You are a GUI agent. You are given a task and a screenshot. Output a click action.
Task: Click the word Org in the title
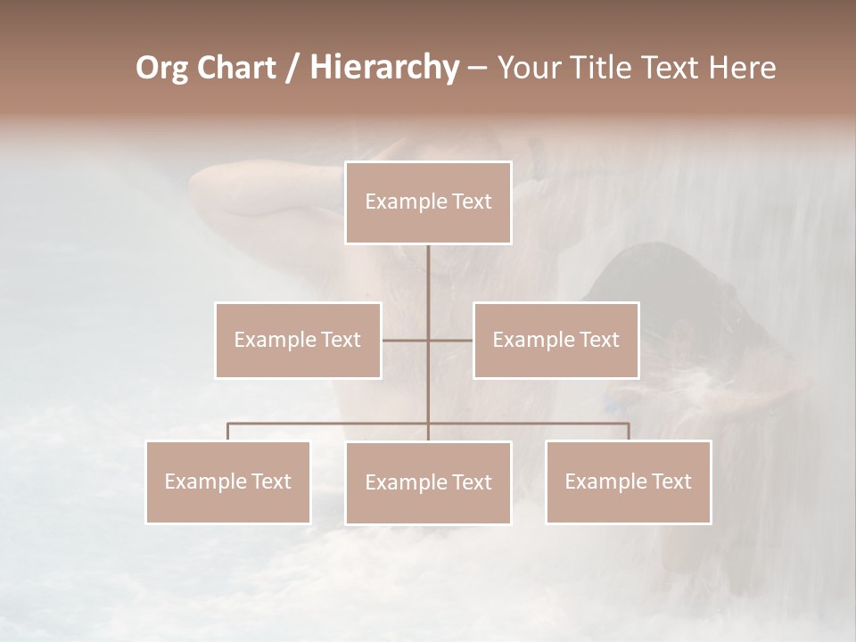(x=161, y=68)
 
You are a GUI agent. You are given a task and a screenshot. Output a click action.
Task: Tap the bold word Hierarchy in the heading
(x=383, y=68)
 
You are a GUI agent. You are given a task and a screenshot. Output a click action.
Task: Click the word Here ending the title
(x=741, y=68)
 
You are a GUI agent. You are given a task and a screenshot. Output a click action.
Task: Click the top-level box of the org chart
(x=428, y=202)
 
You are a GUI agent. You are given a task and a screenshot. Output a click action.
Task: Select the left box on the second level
(x=298, y=340)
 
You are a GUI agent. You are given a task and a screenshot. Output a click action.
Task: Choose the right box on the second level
(x=556, y=340)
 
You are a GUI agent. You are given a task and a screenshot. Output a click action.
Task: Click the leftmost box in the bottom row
(x=228, y=481)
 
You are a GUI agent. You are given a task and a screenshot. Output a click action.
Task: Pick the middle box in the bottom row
(x=428, y=482)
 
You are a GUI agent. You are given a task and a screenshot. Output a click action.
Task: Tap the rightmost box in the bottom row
(x=629, y=481)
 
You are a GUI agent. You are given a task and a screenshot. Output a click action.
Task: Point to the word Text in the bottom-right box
(x=670, y=481)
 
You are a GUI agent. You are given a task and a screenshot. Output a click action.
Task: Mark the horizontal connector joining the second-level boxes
(x=427, y=340)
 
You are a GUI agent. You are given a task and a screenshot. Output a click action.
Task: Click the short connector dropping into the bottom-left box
(x=228, y=432)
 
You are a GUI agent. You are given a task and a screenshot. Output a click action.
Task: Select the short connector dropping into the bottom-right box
(x=629, y=432)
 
